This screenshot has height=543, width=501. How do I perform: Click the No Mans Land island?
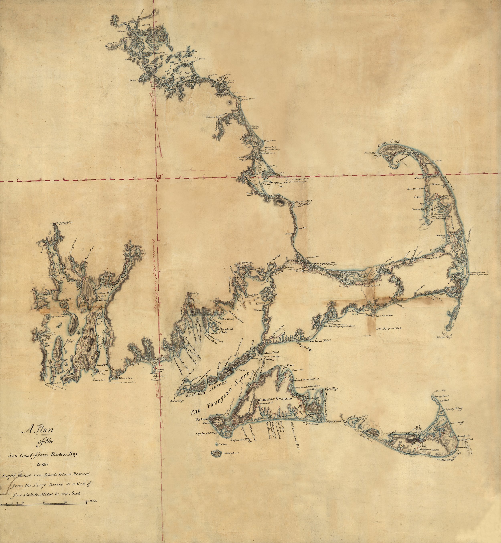click(217, 453)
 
